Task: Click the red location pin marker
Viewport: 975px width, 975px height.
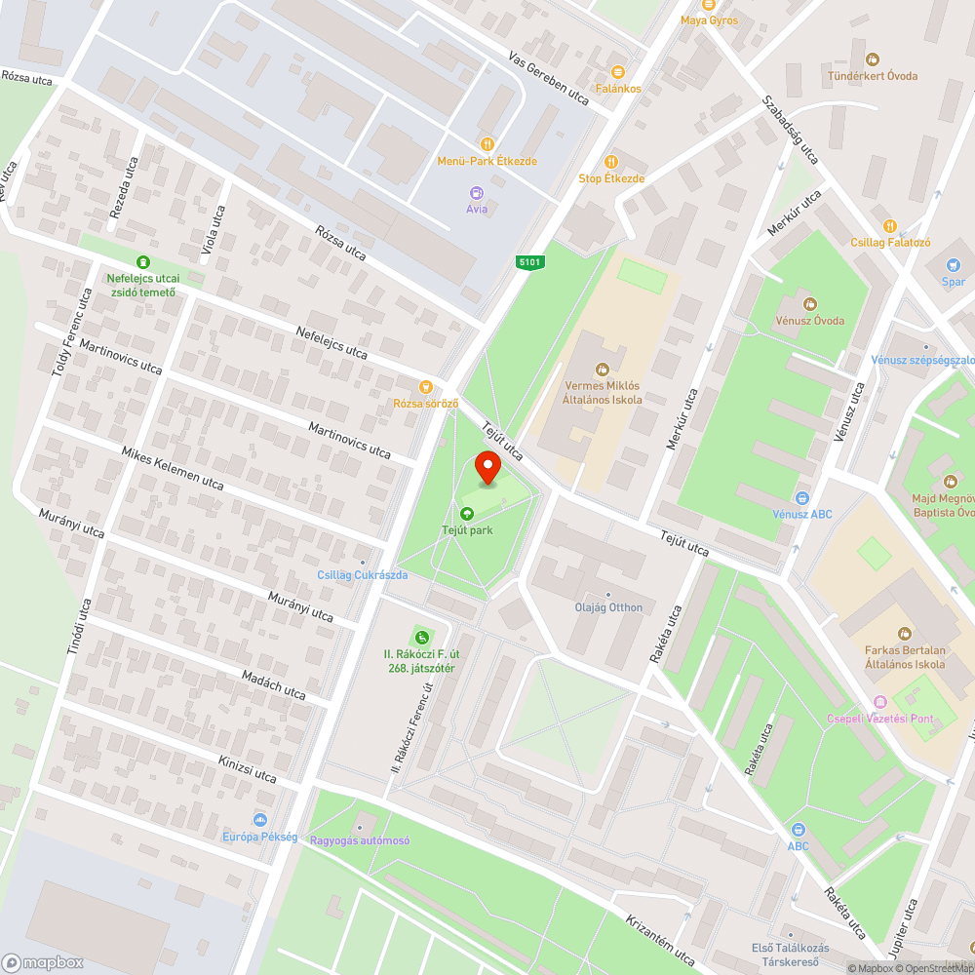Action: pos(488,470)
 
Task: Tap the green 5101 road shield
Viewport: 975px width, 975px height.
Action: pos(530,261)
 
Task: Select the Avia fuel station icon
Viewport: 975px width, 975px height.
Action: pos(476,193)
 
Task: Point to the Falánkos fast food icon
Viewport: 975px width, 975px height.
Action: pos(617,71)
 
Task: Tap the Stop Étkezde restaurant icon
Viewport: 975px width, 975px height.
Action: pos(611,162)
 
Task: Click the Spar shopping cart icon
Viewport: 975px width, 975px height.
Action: pos(953,265)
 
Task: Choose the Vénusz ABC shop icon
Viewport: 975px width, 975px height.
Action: pos(801,497)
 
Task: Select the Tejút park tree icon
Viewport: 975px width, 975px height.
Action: pos(467,514)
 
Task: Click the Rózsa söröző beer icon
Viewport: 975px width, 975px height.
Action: pos(424,386)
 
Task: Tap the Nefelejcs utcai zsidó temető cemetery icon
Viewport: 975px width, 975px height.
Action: pos(143,261)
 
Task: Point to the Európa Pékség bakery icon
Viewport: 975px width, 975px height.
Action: pos(259,820)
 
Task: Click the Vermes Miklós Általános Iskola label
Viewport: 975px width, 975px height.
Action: pos(604,391)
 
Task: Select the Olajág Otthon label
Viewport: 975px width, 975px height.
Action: pos(608,607)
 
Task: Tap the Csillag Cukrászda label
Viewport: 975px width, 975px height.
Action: pos(362,574)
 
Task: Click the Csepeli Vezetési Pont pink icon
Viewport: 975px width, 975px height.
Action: pos(880,702)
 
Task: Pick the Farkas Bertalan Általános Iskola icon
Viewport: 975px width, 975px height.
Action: pos(904,634)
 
